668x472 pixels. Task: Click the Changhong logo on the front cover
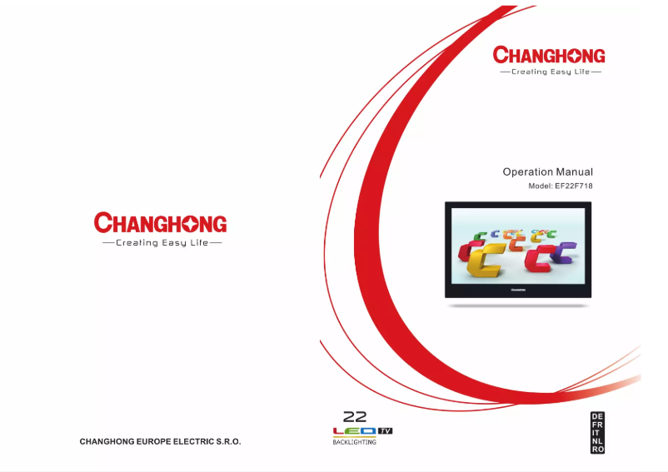[549, 56]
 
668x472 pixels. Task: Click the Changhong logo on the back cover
[161, 223]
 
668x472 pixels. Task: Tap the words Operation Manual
[547, 172]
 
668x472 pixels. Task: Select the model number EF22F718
[574, 186]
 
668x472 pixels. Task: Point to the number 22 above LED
[355, 417]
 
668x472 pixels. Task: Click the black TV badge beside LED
[384, 430]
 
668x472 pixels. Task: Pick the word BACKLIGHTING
[349, 442]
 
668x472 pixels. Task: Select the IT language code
[597, 432]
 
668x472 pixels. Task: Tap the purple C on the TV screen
[565, 251]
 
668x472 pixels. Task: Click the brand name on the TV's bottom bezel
[517, 291]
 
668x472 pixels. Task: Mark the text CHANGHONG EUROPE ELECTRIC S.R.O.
[160, 441]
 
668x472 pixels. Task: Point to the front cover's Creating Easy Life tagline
[550, 72]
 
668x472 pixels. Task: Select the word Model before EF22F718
[541, 186]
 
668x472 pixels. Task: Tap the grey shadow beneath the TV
[518, 306]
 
